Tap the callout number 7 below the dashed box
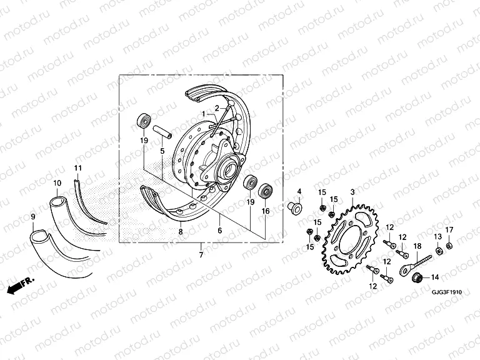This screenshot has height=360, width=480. [x=201, y=255]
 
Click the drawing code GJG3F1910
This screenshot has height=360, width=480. [x=446, y=291]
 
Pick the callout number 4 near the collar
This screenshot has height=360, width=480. [x=299, y=191]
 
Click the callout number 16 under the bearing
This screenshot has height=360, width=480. [x=264, y=212]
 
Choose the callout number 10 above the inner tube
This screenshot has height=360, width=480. [x=57, y=182]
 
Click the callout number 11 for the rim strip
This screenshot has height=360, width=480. [x=78, y=168]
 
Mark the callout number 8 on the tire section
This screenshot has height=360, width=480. [x=180, y=231]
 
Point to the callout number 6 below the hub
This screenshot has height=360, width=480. [x=220, y=231]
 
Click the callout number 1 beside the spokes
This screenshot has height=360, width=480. [x=203, y=113]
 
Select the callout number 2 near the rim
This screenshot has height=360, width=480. [x=217, y=107]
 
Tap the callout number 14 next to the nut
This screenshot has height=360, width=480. [x=435, y=277]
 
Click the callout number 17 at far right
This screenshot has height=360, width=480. [x=449, y=230]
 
